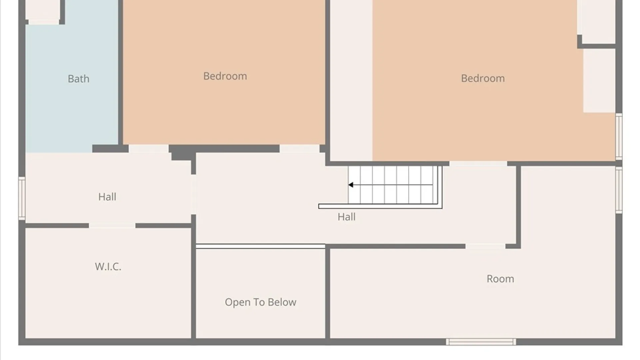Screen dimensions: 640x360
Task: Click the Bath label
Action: (x=79, y=79)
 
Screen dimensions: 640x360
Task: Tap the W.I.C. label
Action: (x=108, y=267)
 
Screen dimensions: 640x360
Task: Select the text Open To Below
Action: (x=261, y=302)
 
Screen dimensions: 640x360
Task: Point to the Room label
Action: (x=500, y=279)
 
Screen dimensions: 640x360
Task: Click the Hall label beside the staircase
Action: (x=347, y=217)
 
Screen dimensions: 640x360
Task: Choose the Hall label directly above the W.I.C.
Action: (x=107, y=197)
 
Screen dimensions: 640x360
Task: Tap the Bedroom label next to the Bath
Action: (x=225, y=76)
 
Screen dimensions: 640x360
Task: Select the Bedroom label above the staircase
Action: (x=483, y=78)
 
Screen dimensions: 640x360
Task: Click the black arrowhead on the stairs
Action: (x=351, y=185)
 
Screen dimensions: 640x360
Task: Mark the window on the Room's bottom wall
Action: (x=481, y=342)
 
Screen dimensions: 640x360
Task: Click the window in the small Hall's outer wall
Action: (x=22, y=198)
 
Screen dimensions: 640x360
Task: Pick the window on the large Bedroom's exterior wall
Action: (x=619, y=136)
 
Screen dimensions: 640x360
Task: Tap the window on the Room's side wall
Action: (x=619, y=190)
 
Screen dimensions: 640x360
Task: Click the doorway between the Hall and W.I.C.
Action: (x=112, y=226)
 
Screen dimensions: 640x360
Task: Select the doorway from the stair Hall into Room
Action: (x=485, y=246)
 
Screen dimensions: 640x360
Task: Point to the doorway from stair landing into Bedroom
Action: (x=478, y=164)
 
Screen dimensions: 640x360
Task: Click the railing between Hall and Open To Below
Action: (x=261, y=246)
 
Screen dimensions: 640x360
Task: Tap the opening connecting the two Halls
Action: (x=193, y=195)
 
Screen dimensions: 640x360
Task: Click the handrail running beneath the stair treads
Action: (x=380, y=206)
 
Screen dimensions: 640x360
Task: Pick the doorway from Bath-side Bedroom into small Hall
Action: (x=149, y=149)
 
